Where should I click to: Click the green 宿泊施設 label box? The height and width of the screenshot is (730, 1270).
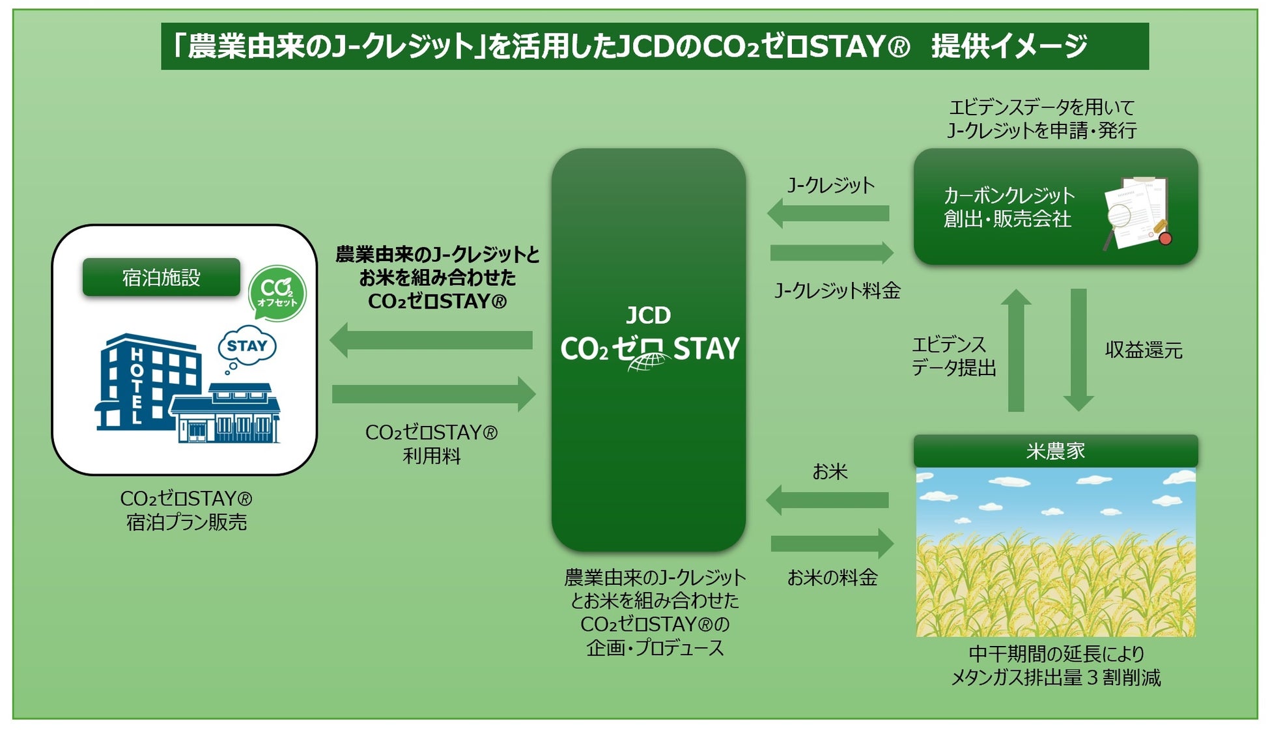click(162, 277)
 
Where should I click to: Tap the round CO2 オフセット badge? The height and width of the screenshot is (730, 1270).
click(277, 293)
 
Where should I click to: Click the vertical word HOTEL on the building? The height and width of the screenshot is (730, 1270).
click(137, 386)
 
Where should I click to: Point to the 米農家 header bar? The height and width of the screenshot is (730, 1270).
click(1055, 451)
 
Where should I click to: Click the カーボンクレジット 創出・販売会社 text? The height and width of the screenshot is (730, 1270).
click(1008, 207)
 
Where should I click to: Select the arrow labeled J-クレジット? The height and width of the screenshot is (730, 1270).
click(828, 214)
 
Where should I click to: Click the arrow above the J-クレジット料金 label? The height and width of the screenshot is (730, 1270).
click(832, 253)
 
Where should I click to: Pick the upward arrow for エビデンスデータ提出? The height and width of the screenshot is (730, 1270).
click(1016, 350)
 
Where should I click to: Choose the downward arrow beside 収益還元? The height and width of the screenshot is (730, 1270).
click(1079, 350)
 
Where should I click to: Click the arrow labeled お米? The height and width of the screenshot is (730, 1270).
click(827, 500)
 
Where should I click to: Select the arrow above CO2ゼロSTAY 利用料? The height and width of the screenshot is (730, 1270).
click(434, 394)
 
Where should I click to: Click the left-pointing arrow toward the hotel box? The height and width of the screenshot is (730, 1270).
click(431, 340)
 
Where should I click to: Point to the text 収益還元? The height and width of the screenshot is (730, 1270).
click(1144, 350)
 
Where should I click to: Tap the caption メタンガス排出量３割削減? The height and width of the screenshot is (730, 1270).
click(1056, 678)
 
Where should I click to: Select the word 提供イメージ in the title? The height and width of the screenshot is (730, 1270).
click(1009, 46)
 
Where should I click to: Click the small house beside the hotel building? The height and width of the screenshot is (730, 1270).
click(225, 413)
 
